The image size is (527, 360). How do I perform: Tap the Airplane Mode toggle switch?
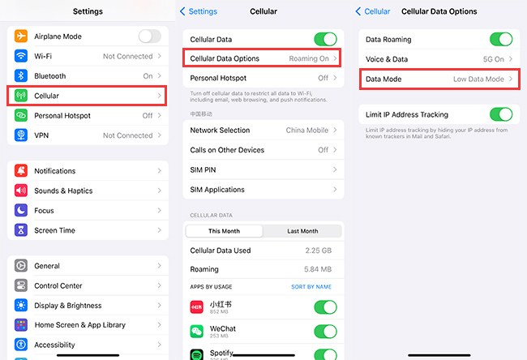click(x=149, y=36)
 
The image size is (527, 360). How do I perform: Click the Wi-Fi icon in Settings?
click(x=21, y=56)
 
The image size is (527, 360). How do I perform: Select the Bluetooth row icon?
click(x=21, y=75)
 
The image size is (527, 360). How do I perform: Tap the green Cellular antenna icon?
click(x=21, y=96)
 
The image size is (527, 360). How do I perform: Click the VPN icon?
click(x=21, y=135)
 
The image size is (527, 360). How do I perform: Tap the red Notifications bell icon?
click(x=21, y=171)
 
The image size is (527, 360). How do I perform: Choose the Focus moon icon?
click(x=21, y=210)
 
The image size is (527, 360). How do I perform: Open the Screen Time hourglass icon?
click(x=21, y=230)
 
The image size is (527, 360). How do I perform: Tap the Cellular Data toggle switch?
click(x=325, y=39)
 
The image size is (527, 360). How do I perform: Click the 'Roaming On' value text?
click(x=309, y=58)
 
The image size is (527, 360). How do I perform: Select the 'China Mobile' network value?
click(x=306, y=130)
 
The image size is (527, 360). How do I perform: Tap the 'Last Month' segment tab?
click(x=302, y=231)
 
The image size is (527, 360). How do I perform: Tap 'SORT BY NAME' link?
click(x=311, y=287)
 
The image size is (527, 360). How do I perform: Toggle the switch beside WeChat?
click(x=325, y=332)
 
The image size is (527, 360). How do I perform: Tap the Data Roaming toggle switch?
click(x=501, y=39)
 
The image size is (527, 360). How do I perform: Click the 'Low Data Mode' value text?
click(x=478, y=79)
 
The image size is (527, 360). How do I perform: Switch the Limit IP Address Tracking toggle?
click(x=501, y=114)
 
